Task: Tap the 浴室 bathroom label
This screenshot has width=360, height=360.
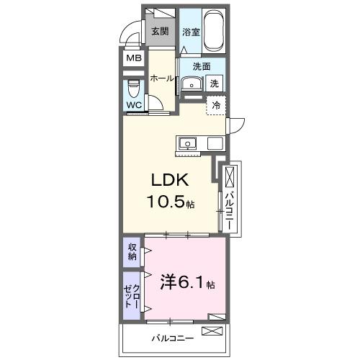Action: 190,32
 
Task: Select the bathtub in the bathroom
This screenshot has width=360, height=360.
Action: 213,32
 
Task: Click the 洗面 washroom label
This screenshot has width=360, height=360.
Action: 200,67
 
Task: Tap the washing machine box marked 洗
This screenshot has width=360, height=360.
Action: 215,84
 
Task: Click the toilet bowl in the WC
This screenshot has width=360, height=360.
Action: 134,89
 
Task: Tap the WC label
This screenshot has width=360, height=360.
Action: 135,105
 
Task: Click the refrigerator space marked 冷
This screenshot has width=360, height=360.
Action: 215,105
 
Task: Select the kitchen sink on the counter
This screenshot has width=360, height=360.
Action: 187,143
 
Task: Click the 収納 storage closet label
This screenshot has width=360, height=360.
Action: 132,252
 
